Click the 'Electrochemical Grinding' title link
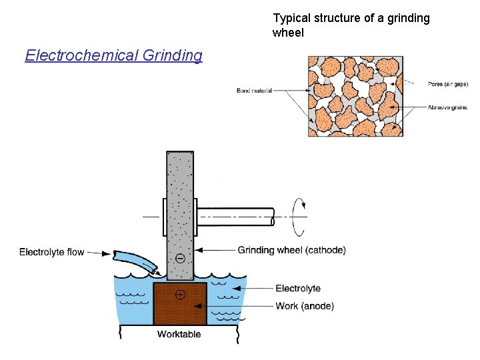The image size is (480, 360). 113,55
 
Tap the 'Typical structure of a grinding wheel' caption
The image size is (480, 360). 351,25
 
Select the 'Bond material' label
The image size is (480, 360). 254,91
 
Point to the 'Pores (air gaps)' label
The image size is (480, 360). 448,84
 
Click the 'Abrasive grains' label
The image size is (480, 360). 447,107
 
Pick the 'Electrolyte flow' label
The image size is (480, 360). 52,252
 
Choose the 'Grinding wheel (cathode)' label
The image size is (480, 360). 291,250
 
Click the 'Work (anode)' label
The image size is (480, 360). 305,306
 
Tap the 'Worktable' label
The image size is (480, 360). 179,334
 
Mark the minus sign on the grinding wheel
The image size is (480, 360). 180,257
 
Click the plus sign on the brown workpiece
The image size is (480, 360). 180,294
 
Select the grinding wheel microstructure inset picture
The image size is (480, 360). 355,96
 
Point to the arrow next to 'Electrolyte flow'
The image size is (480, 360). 99,253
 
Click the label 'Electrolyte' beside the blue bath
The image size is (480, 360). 298,289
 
